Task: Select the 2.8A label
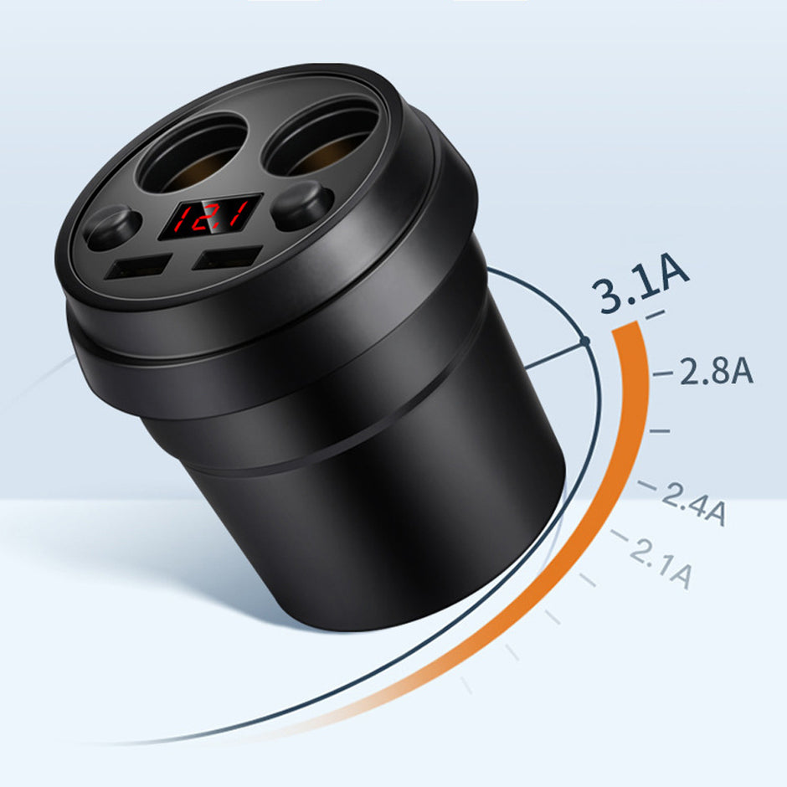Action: (716, 371)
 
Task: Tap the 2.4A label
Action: (693, 502)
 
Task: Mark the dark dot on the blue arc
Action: (585, 340)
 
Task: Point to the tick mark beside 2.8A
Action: (663, 373)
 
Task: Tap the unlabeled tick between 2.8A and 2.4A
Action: (660, 430)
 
